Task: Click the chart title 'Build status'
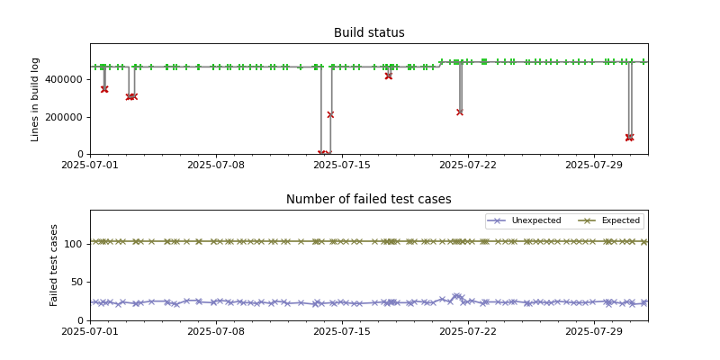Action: point(369,33)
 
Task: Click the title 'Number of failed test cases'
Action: point(369,200)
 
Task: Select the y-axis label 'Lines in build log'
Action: point(36,99)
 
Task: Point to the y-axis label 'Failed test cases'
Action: point(54,265)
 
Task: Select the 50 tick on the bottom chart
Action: point(76,282)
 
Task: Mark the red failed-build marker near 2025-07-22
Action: point(460,112)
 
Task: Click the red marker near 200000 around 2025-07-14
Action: point(330,114)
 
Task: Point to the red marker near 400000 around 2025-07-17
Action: point(388,76)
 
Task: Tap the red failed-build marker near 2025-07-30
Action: point(629,138)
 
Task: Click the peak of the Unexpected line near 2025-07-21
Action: point(456,295)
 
